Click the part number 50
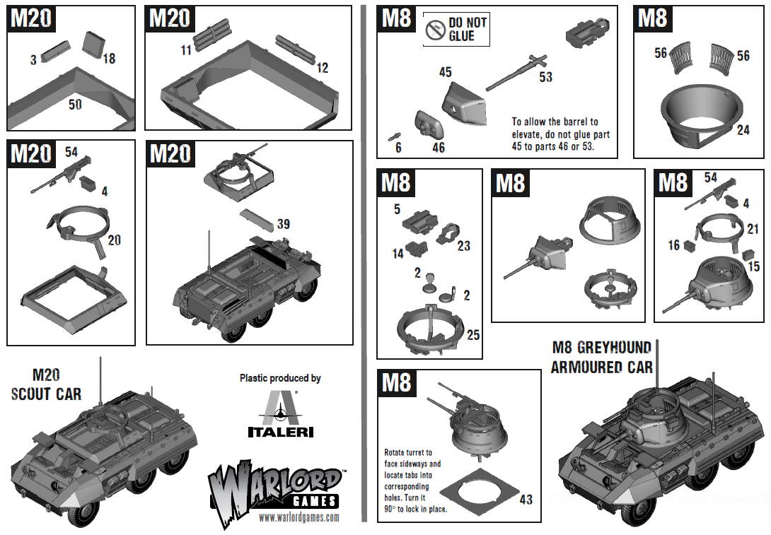click(75, 105)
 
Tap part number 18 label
click(108, 59)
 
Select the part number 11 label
click(186, 49)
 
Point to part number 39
click(283, 224)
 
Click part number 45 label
click(445, 72)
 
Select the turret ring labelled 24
click(702, 114)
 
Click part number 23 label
click(463, 246)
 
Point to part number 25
click(473, 334)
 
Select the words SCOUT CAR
click(46, 394)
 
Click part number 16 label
click(673, 245)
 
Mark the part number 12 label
click(323, 69)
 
